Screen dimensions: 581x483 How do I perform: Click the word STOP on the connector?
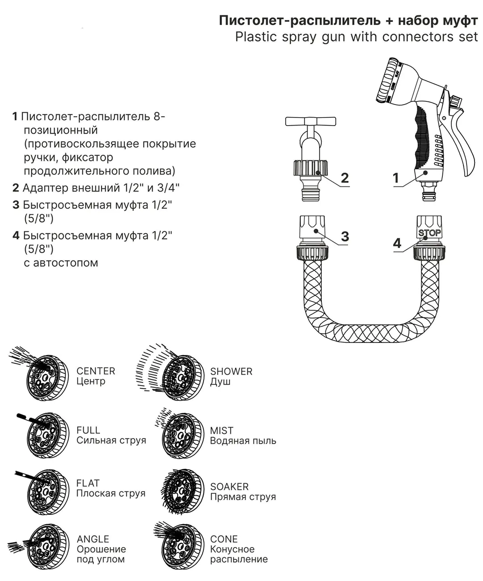coord(429,232)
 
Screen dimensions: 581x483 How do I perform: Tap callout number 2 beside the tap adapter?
coord(344,178)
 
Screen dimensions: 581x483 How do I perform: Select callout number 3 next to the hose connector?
coord(345,236)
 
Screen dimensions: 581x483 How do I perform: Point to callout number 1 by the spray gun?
coord(396,178)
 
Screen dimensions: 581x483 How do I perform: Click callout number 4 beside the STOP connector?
coord(397,243)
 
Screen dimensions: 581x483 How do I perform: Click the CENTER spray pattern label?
coord(96,371)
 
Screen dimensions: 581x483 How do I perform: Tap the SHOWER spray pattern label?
coord(231,371)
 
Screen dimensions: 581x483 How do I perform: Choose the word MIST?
coord(222,430)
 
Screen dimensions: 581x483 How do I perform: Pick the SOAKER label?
coord(229,486)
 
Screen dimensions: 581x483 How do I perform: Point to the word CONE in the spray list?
coord(224,539)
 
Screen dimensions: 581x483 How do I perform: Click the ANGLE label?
coord(93,539)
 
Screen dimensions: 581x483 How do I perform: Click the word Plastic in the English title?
coord(254,37)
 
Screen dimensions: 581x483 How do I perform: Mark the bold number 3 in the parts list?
coord(16,205)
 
